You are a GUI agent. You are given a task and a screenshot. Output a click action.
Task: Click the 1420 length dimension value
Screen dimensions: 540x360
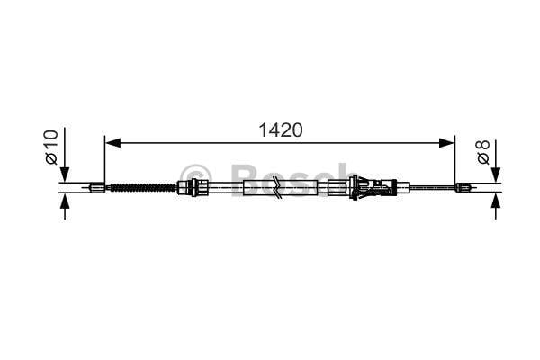(281, 130)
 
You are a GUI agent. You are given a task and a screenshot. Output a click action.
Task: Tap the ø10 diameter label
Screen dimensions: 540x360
(51, 147)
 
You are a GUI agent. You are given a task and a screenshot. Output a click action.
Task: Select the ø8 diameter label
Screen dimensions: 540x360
(483, 152)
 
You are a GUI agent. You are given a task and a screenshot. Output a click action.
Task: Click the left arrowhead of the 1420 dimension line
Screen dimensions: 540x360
(112, 142)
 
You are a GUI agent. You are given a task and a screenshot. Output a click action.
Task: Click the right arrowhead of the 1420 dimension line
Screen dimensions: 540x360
(446, 142)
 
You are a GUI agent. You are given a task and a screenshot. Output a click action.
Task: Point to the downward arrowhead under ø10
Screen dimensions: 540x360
(65, 175)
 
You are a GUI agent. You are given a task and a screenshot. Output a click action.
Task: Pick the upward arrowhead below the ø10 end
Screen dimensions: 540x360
(65, 201)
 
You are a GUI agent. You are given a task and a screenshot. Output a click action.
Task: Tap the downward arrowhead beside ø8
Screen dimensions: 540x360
(496, 175)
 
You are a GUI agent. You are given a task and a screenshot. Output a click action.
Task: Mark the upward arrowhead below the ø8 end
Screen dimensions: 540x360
(496, 201)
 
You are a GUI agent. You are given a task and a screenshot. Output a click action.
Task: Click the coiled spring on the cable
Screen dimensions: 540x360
(142, 188)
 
